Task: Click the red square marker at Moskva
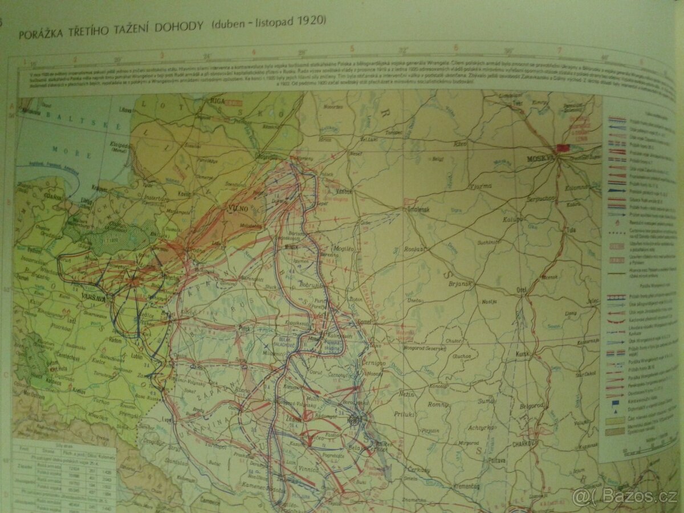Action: [563, 148]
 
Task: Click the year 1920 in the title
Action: [314, 21]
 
